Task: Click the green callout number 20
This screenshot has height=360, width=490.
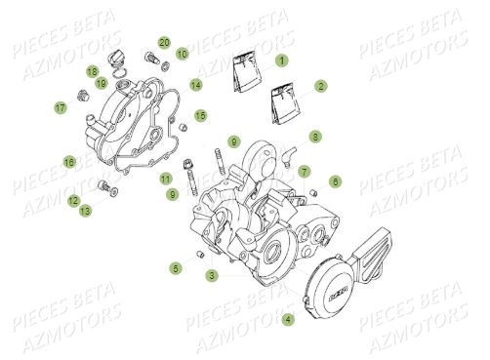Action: pos(164,42)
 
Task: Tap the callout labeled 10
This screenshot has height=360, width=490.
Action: pos(182,53)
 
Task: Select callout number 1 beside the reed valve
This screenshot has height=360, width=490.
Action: pos(282,60)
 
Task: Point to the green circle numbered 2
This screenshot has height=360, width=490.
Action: pos(320,86)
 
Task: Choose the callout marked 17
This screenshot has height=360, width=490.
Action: pos(60,108)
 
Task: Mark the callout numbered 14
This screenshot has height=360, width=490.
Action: pos(195,85)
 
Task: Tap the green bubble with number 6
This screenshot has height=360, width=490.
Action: pos(335,180)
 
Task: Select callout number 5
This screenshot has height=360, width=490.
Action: pos(175,267)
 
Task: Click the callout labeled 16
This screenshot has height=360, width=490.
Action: pos(69,161)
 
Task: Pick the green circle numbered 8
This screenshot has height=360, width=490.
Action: pos(314,136)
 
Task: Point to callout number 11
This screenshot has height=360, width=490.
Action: pos(165,179)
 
